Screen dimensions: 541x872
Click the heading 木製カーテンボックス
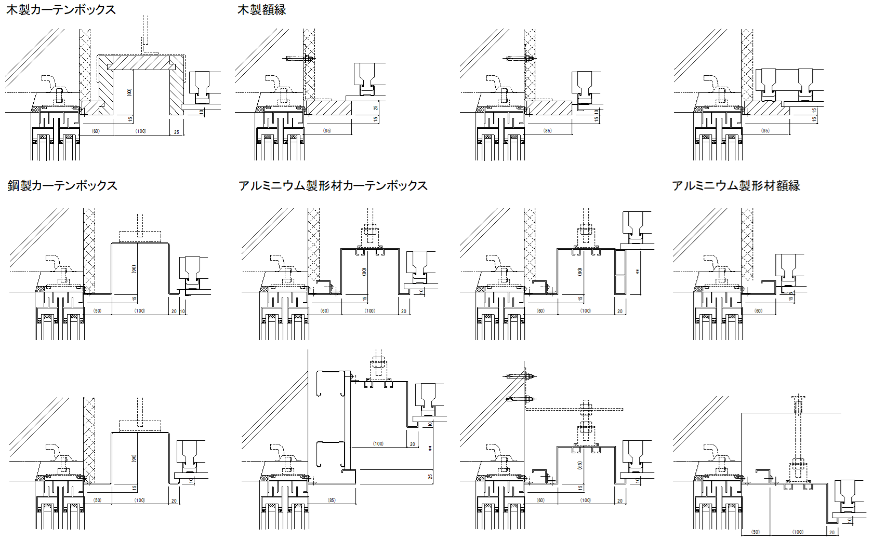click(61, 10)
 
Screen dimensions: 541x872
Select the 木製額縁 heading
click(261, 10)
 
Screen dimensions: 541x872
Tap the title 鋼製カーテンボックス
click(62, 185)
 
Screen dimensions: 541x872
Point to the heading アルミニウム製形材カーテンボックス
click(333, 185)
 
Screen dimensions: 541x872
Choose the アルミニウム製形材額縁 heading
click(735, 185)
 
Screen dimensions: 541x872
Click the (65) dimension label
click(580, 465)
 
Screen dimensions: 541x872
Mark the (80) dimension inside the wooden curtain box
click(129, 92)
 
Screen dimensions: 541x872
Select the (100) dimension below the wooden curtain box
click(141, 131)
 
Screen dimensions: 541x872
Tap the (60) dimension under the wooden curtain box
click(96, 131)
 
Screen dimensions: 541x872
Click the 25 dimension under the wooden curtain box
click(177, 132)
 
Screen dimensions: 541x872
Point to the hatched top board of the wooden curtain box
click(141, 63)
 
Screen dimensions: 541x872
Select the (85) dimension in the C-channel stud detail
click(332, 501)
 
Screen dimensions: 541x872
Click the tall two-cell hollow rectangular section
click(620, 272)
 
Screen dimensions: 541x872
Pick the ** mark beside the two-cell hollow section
click(638, 272)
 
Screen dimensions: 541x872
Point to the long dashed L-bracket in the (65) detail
click(572, 409)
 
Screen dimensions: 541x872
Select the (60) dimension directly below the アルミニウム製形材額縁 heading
click(758, 311)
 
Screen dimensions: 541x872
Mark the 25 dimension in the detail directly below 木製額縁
click(376, 107)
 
